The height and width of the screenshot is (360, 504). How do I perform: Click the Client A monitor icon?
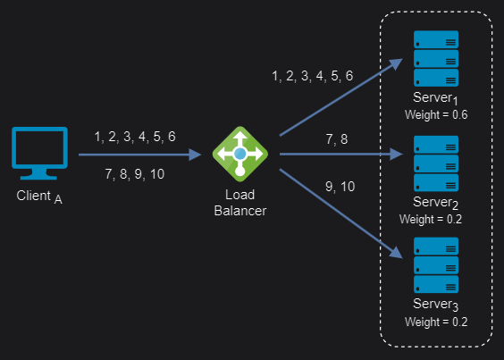click(x=39, y=153)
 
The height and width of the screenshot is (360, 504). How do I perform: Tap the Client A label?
click(x=39, y=197)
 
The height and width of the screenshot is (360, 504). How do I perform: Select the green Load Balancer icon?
click(x=240, y=154)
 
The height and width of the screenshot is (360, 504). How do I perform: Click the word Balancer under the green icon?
click(x=240, y=211)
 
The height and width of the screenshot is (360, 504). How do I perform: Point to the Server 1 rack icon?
click(x=436, y=58)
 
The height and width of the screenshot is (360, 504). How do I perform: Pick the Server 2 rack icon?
click(x=436, y=163)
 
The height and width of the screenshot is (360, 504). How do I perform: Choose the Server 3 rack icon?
click(x=436, y=265)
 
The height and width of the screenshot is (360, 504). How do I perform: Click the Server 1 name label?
click(x=435, y=98)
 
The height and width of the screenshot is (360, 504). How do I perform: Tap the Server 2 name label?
click(x=435, y=203)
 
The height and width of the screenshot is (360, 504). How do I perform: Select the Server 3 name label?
click(x=435, y=305)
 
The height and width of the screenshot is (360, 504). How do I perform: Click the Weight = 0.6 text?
click(x=436, y=114)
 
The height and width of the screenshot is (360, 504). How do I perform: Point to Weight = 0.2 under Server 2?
click(x=431, y=219)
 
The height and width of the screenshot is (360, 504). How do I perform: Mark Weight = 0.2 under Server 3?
click(x=436, y=322)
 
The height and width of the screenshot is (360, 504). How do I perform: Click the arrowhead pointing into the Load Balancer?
click(x=195, y=155)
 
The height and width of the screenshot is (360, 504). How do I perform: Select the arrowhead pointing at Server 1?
click(x=397, y=63)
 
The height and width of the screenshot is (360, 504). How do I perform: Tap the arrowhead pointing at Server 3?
click(x=397, y=253)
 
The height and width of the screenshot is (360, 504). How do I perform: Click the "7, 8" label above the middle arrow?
click(x=337, y=139)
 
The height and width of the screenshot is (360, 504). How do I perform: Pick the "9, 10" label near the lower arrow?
click(x=340, y=187)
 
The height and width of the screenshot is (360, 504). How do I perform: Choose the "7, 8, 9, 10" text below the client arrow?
click(x=135, y=174)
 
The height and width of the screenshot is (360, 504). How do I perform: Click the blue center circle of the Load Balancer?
click(x=240, y=154)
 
